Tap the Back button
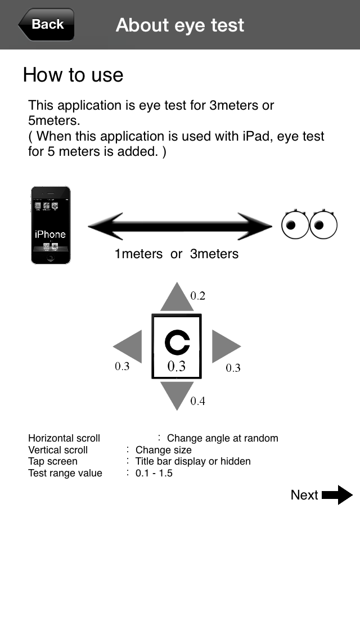click(x=47, y=25)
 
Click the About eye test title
click(x=180, y=25)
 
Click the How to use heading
click(x=73, y=75)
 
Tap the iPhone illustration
click(x=51, y=225)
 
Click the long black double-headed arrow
click(x=180, y=227)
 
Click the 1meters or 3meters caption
click(x=177, y=254)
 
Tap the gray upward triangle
click(x=177, y=298)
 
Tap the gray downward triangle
click(x=177, y=394)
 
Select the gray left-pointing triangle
click(x=129, y=346)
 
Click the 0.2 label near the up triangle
click(x=197, y=295)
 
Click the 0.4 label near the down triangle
click(x=197, y=401)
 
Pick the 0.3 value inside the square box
click(x=177, y=366)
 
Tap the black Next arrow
click(x=337, y=495)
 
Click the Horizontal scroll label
click(x=64, y=438)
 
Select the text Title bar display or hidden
click(x=193, y=461)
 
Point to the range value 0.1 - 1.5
click(x=154, y=473)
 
